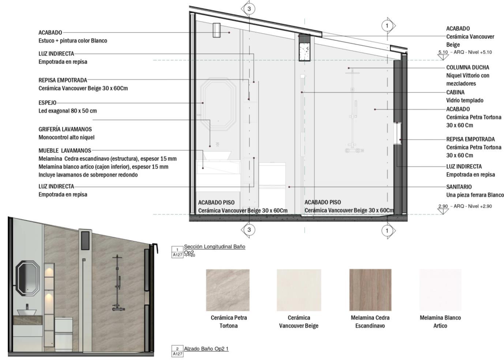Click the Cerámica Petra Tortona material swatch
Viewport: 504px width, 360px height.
[227, 290]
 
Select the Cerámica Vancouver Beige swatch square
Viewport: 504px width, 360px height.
[298, 290]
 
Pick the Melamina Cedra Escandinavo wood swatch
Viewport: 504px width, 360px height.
[370, 290]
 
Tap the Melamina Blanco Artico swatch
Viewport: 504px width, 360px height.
[440, 290]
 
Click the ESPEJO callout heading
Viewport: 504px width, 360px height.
[48, 103]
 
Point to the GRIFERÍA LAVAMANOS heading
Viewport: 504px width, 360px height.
[65, 129]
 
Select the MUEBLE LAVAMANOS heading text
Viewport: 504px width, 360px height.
[65, 150]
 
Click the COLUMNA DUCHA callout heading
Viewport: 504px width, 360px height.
[467, 68]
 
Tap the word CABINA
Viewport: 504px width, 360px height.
[455, 92]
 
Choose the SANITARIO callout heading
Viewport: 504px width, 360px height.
[459, 187]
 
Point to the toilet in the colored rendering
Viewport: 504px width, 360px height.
[64, 329]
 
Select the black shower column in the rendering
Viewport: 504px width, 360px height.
[117, 283]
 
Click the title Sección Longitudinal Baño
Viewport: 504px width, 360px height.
[214, 247]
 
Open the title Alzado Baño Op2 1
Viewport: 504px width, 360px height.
[206, 349]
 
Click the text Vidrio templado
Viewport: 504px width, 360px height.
[464, 101]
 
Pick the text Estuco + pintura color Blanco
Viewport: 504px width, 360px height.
[73, 41]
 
